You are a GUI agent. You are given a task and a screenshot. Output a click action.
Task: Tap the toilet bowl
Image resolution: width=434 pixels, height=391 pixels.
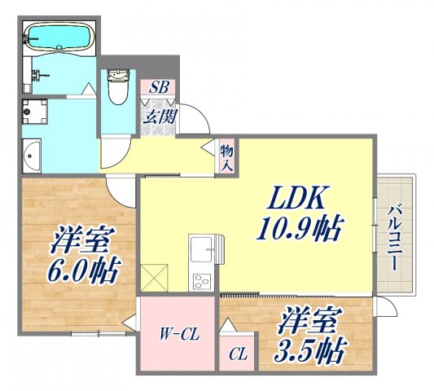pyautogui.click(x=117, y=87)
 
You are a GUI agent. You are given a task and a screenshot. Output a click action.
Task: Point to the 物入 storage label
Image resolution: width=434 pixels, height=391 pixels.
pyautogui.click(x=227, y=156)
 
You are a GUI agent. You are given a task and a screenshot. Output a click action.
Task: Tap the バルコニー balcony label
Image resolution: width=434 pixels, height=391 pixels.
pyautogui.click(x=393, y=236)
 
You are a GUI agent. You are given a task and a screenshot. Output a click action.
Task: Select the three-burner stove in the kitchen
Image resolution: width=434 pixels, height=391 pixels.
pyautogui.click(x=199, y=280)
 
